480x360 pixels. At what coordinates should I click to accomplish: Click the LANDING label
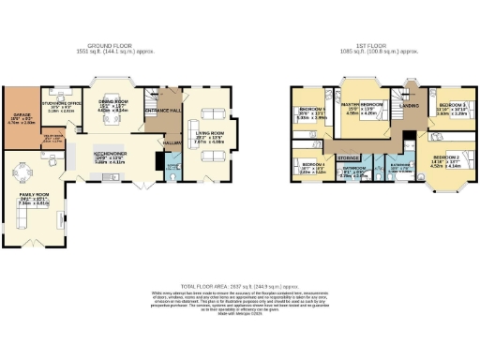(x=410, y=106)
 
